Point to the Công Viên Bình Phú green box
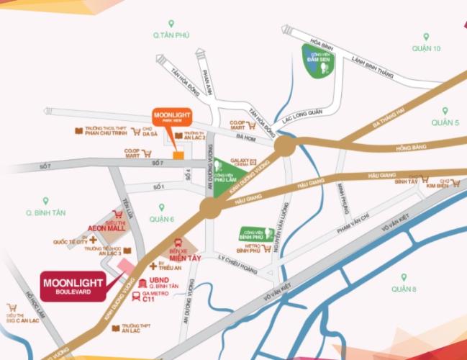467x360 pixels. click(x=255, y=234)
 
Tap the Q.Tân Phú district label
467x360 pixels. click(x=169, y=35)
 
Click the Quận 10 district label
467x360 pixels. click(x=426, y=48)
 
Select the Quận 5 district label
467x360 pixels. click(x=445, y=123)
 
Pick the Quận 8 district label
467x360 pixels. click(x=404, y=289)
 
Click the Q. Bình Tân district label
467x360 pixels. click(x=45, y=212)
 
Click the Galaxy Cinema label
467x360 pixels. click(x=239, y=163)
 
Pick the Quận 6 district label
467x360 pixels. click(x=162, y=218)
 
